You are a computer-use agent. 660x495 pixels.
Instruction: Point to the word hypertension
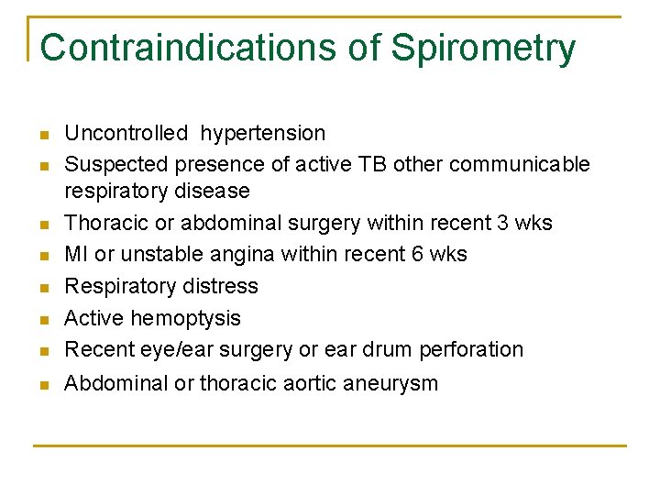pos(263,135)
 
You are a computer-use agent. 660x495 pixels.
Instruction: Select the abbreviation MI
pos(76,254)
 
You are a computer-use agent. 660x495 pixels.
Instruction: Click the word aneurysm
pos(393,384)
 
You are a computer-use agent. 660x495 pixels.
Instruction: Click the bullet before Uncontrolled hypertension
pos(42,136)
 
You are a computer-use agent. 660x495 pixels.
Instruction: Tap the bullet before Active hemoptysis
pos(42,320)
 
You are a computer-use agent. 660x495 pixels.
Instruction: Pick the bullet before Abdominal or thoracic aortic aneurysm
pos(42,385)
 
